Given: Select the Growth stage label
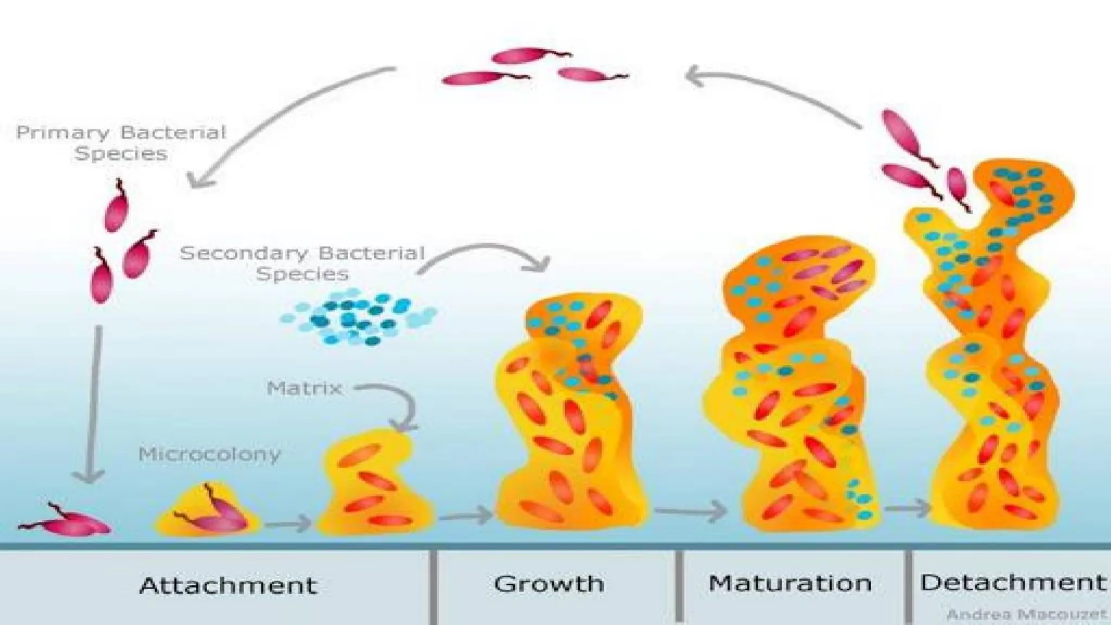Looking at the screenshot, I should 549,584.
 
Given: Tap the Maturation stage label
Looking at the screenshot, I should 790,583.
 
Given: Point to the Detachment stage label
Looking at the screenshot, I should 1012,582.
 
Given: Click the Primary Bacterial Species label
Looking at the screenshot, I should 120,143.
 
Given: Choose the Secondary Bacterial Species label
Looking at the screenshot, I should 302,263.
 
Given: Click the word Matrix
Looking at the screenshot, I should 304,388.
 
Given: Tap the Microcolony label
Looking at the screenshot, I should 209,454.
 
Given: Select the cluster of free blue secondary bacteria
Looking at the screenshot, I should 358,318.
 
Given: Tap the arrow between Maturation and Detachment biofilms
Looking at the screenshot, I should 907,508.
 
